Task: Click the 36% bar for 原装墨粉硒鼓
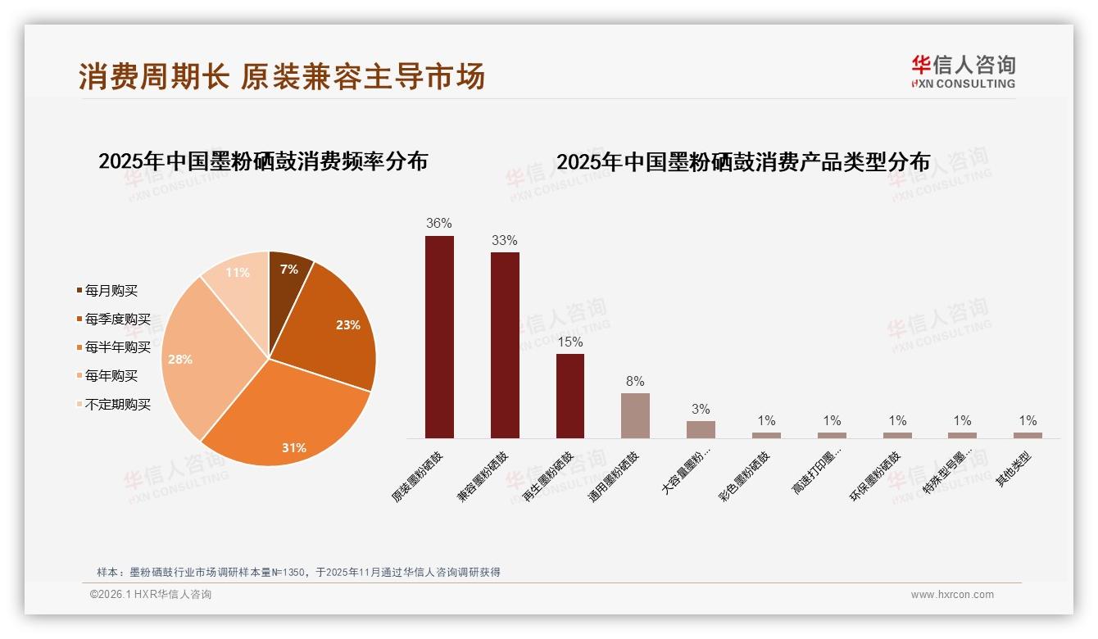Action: (x=439, y=337)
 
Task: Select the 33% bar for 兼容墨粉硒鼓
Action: (x=505, y=345)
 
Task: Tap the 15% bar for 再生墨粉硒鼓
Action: (x=570, y=396)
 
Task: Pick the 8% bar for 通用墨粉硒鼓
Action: (x=635, y=415)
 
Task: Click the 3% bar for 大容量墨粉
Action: (x=701, y=429)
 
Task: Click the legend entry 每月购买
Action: (x=111, y=291)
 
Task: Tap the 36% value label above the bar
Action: (x=439, y=223)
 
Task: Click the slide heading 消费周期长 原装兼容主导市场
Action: (x=282, y=76)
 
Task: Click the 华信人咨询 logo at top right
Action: (x=963, y=71)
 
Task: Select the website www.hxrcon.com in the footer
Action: (x=952, y=595)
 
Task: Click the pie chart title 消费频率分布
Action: (x=263, y=161)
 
